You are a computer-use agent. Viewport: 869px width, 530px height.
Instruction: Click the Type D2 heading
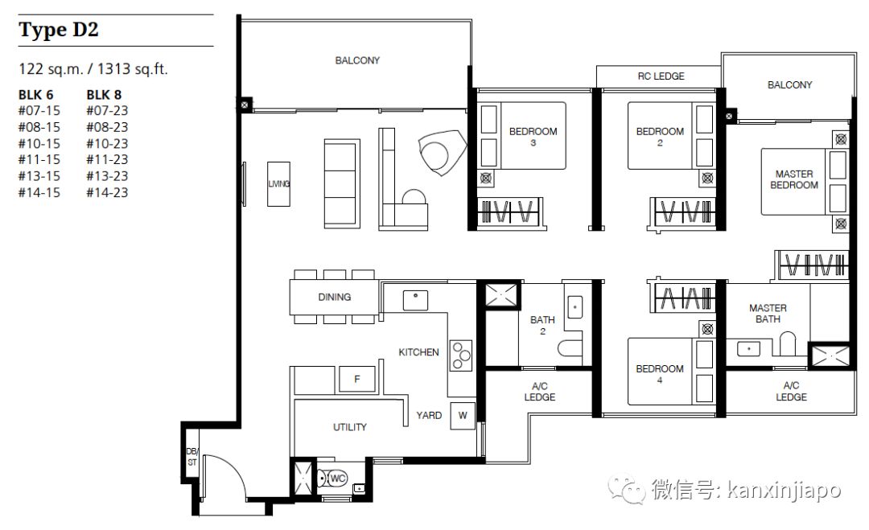pos(59,29)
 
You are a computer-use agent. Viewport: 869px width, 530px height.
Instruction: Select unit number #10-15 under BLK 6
pos(39,143)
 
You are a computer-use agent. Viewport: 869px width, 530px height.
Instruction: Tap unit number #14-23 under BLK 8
pos(107,193)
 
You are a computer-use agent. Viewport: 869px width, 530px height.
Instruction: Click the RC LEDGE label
pos(661,76)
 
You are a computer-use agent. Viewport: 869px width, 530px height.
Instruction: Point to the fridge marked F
pos(357,380)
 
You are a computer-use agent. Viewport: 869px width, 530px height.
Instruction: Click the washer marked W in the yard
pos(463,415)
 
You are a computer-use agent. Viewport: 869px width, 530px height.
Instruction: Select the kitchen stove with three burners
pos(460,355)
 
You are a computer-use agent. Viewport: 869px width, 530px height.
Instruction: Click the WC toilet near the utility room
pos(332,479)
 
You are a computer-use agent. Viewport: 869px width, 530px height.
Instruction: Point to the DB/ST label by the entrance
pos(192,457)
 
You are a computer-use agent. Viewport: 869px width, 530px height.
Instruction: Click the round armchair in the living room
pos(442,153)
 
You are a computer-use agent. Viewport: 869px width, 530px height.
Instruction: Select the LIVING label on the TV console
pos(278,184)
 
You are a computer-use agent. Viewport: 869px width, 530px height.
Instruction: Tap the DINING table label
pos(334,298)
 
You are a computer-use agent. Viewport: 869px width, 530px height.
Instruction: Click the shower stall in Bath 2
pos(503,294)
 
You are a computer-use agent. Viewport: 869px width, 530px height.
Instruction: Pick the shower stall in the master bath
pos(829,355)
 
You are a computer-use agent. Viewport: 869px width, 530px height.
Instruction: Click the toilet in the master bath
pos(788,343)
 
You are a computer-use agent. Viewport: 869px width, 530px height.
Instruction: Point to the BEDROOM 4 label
pos(660,374)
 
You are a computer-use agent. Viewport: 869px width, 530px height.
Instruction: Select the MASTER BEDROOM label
pos(793,179)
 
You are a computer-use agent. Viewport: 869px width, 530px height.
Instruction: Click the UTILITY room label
pos(350,427)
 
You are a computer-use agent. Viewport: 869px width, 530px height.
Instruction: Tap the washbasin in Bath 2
pos(575,306)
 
